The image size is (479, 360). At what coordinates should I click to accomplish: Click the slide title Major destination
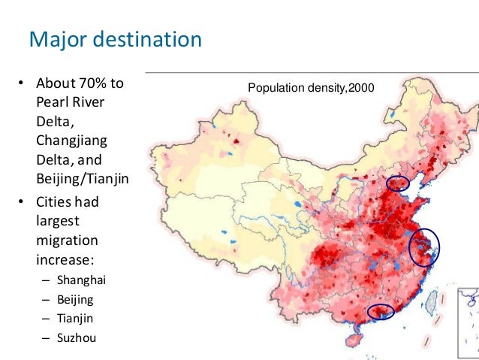pos(115,38)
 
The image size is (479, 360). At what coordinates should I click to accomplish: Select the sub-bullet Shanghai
pos(82,280)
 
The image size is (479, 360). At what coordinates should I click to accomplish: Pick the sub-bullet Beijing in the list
pos(75,298)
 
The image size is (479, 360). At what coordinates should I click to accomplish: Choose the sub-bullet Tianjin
pos(75,317)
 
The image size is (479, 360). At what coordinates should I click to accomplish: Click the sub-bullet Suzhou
pos(77,337)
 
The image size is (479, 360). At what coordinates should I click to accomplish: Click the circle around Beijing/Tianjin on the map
pos(398,183)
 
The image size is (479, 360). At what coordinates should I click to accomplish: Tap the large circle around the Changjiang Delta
pos(424,247)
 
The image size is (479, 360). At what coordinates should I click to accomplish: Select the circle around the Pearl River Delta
pos(380,310)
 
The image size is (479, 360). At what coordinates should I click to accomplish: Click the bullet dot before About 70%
pos(23,83)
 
